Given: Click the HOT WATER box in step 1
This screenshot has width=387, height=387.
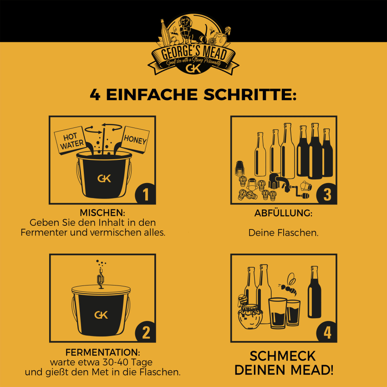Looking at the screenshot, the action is click(70, 140).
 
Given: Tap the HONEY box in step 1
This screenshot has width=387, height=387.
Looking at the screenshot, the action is click(135, 139).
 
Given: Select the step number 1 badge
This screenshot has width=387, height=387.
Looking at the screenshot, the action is click(146, 194).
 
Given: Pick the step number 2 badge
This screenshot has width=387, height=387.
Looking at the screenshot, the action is click(146, 332).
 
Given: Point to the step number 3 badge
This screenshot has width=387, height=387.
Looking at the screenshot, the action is click(327, 194).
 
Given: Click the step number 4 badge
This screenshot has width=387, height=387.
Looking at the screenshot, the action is click(327, 332).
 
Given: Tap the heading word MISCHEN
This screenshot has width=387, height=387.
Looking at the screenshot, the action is click(102, 213).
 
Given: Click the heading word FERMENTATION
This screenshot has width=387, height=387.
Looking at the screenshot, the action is click(103, 352).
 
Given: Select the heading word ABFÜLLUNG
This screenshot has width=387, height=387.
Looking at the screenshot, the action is click(283, 213).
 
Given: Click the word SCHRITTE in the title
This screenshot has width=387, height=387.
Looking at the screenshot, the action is click(250, 95).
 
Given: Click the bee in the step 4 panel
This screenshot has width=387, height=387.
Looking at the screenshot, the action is click(288, 285).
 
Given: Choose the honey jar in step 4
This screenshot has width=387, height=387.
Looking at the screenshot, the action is click(250, 316).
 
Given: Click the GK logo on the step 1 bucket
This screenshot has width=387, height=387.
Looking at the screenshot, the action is click(104, 178).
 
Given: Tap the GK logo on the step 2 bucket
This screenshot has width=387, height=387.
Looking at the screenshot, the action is click(101, 315).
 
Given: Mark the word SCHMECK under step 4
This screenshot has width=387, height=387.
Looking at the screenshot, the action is click(283, 356).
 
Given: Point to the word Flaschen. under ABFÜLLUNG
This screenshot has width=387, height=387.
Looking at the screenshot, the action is click(298, 233).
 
